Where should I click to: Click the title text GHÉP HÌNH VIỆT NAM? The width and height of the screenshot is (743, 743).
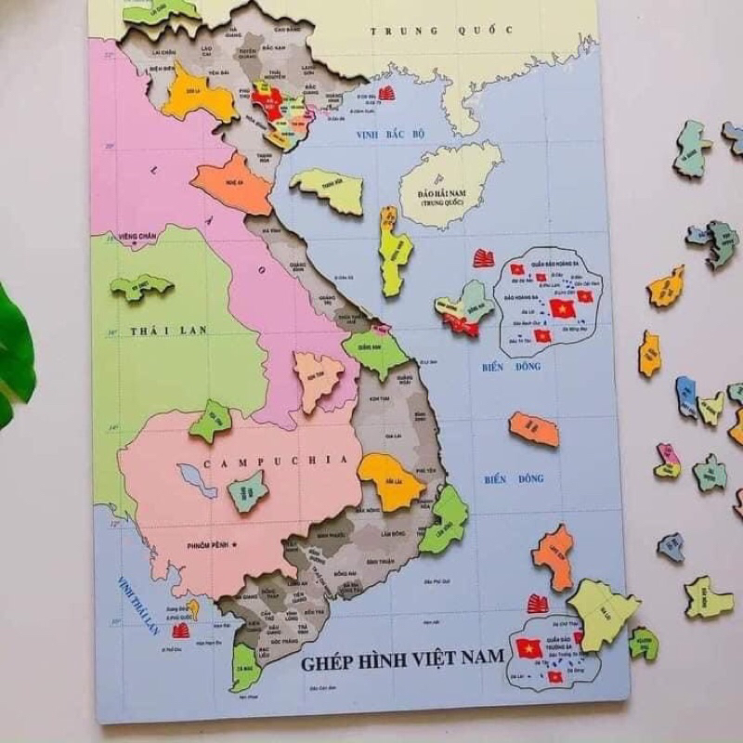401,661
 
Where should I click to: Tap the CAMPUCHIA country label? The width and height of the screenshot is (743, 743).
265,461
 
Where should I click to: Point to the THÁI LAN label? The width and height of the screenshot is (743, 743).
168,331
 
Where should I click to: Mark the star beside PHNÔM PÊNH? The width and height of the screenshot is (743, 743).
236,542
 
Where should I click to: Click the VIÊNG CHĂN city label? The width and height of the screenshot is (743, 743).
137,238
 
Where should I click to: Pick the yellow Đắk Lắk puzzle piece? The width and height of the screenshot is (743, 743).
390,479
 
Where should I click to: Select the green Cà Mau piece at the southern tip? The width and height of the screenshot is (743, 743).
242,666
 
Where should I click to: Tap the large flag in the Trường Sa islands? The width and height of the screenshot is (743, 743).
528,647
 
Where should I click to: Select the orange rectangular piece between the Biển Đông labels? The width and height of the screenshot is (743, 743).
534,429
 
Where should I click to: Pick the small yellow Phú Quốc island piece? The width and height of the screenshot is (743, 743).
192,609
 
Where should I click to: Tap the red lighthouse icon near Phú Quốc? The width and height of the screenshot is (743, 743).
181,631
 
